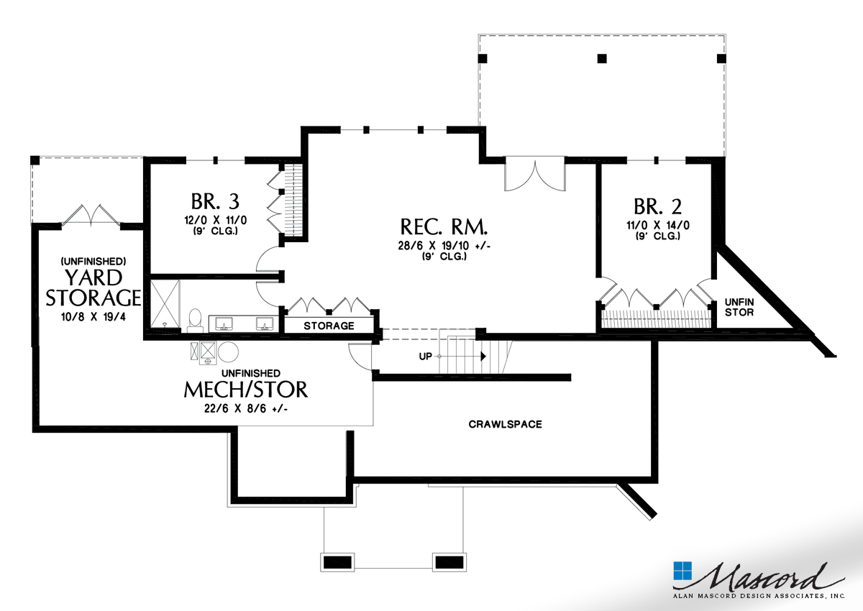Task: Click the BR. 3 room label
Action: pos(214,201)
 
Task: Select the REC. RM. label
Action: pos(444,229)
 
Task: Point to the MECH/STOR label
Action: pos(245,390)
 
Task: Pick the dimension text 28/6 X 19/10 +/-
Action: pos(444,246)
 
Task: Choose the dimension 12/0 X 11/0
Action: pos(214,221)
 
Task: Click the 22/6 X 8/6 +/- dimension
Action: pos(245,409)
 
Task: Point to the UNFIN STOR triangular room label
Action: pos(739,307)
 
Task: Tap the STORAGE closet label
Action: pos(329,326)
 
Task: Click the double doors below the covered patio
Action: pos(533,175)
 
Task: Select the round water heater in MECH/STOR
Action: pos(229,352)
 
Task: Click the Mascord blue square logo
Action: pos(682,571)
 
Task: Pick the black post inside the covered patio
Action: pos(603,58)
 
